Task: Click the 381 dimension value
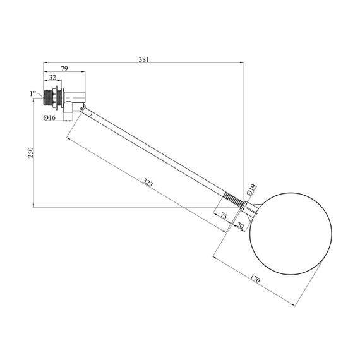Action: click(x=144, y=59)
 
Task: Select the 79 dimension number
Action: click(x=64, y=68)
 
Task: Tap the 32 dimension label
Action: click(x=52, y=78)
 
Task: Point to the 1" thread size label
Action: click(x=33, y=93)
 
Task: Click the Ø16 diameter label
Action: click(x=49, y=117)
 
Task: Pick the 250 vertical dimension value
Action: click(x=31, y=152)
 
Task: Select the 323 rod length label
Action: click(x=148, y=183)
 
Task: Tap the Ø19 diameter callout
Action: click(x=251, y=189)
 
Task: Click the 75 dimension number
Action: click(x=224, y=216)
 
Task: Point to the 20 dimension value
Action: click(x=239, y=226)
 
